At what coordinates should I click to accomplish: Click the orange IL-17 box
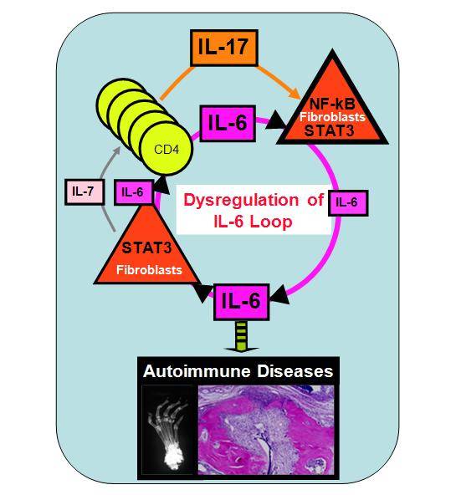[x=224, y=48]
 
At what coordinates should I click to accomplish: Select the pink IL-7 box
[x=85, y=192]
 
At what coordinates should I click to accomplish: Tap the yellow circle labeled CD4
[x=167, y=149]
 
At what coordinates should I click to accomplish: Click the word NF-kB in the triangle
[x=332, y=103]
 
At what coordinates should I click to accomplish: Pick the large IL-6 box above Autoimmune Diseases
[x=242, y=302]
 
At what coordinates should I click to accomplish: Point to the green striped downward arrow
[x=241, y=337]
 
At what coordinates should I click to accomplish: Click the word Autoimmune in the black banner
[x=197, y=371]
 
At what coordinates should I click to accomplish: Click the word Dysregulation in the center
[x=241, y=200]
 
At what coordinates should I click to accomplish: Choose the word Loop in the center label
[x=271, y=222]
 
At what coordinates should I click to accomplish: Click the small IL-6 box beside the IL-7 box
[x=133, y=192]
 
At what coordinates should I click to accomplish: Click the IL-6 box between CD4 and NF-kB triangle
[x=228, y=123]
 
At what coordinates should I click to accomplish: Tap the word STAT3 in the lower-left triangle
[x=146, y=247]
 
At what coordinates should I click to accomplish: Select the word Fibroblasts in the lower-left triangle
[x=149, y=270]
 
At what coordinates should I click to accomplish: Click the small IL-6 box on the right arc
[x=348, y=203]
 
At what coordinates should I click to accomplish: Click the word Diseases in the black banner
[x=295, y=371]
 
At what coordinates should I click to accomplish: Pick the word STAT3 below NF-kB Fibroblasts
[x=330, y=130]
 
